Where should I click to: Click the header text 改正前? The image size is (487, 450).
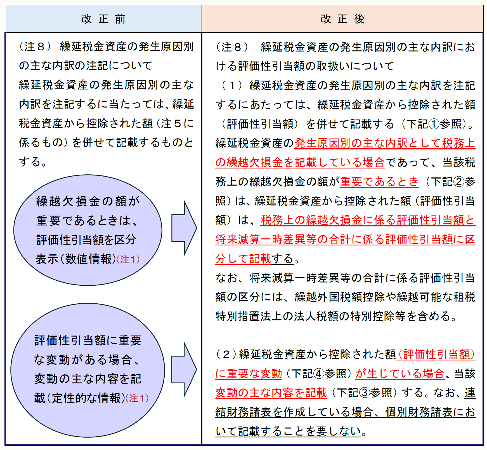click(103, 19)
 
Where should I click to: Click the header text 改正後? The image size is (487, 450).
click(342, 19)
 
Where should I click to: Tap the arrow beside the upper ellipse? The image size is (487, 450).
click(184, 228)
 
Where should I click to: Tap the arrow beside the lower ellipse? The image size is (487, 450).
click(184, 369)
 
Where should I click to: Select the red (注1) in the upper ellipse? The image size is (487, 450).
click(128, 260)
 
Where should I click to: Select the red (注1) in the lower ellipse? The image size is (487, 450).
click(137, 398)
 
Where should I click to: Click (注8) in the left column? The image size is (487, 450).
click(35, 46)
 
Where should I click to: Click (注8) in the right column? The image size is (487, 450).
click(232, 47)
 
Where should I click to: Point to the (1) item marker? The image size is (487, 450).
click(232, 85)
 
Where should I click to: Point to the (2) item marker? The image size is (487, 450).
click(226, 355)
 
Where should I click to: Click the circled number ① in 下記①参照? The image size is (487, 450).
click(434, 124)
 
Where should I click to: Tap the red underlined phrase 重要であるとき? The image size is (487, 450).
click(379, 182)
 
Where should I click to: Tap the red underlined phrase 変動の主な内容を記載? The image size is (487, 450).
click(271, 393)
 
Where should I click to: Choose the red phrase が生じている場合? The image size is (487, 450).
click(400, 374)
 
